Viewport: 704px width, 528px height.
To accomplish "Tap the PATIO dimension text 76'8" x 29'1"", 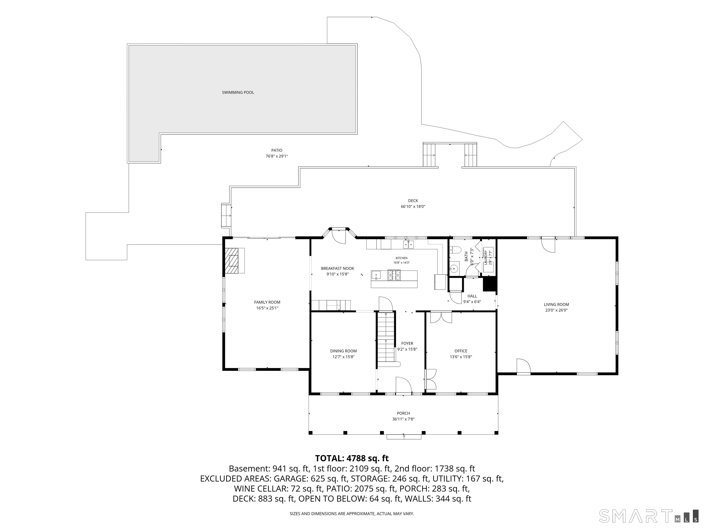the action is (x=277, y=156).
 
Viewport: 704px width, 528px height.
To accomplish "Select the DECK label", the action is (x=413, y=201).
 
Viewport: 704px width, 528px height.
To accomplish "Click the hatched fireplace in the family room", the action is (x=232, y=260).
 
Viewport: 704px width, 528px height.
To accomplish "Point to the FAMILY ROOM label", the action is (x=267, y=302).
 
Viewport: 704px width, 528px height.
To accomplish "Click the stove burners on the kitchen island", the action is (x=394, y=275).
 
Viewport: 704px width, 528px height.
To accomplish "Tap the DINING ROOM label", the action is (x=344, y=351).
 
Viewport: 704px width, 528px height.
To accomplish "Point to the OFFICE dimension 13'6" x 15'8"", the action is (x=461, y=357).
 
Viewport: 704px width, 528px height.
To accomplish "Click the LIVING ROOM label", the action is (x=556, y=305).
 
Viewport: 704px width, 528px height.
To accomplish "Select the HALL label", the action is (x=472, y=296).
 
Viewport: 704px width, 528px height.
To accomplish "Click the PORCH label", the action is (x=403, y=413).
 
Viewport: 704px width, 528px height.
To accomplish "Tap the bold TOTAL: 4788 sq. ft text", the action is (x=352, y=458).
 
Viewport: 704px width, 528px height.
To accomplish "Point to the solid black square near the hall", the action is (x=490, y=284).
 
